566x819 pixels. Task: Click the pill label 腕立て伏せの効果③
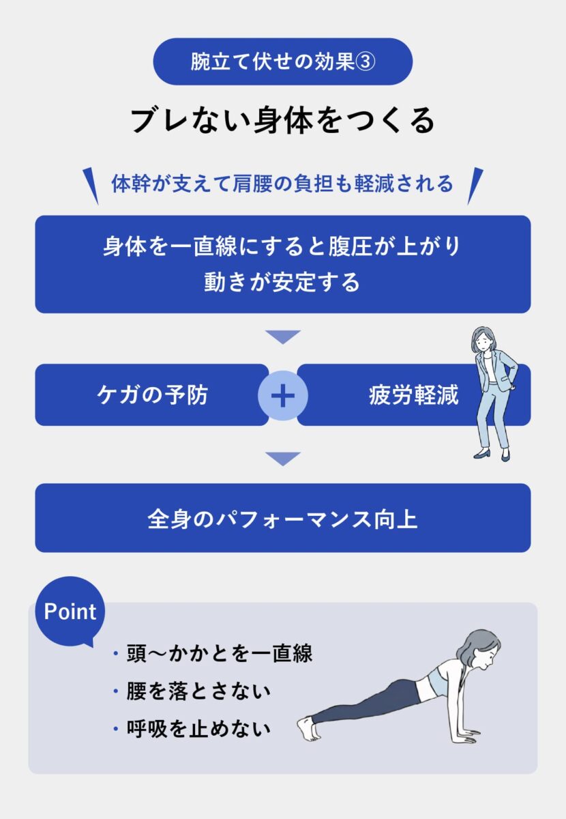[283, 61]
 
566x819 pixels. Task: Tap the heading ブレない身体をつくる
[282, 120]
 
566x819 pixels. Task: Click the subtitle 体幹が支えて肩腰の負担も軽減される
[282, 184]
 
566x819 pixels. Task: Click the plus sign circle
[283, 395]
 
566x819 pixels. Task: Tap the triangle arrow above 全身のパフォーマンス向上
[283, 459]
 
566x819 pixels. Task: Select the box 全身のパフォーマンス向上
[282, 518]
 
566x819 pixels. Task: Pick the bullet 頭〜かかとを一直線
[219, 653]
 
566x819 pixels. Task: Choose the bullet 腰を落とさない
[198, 691]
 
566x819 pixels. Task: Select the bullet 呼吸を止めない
[198, 728]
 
